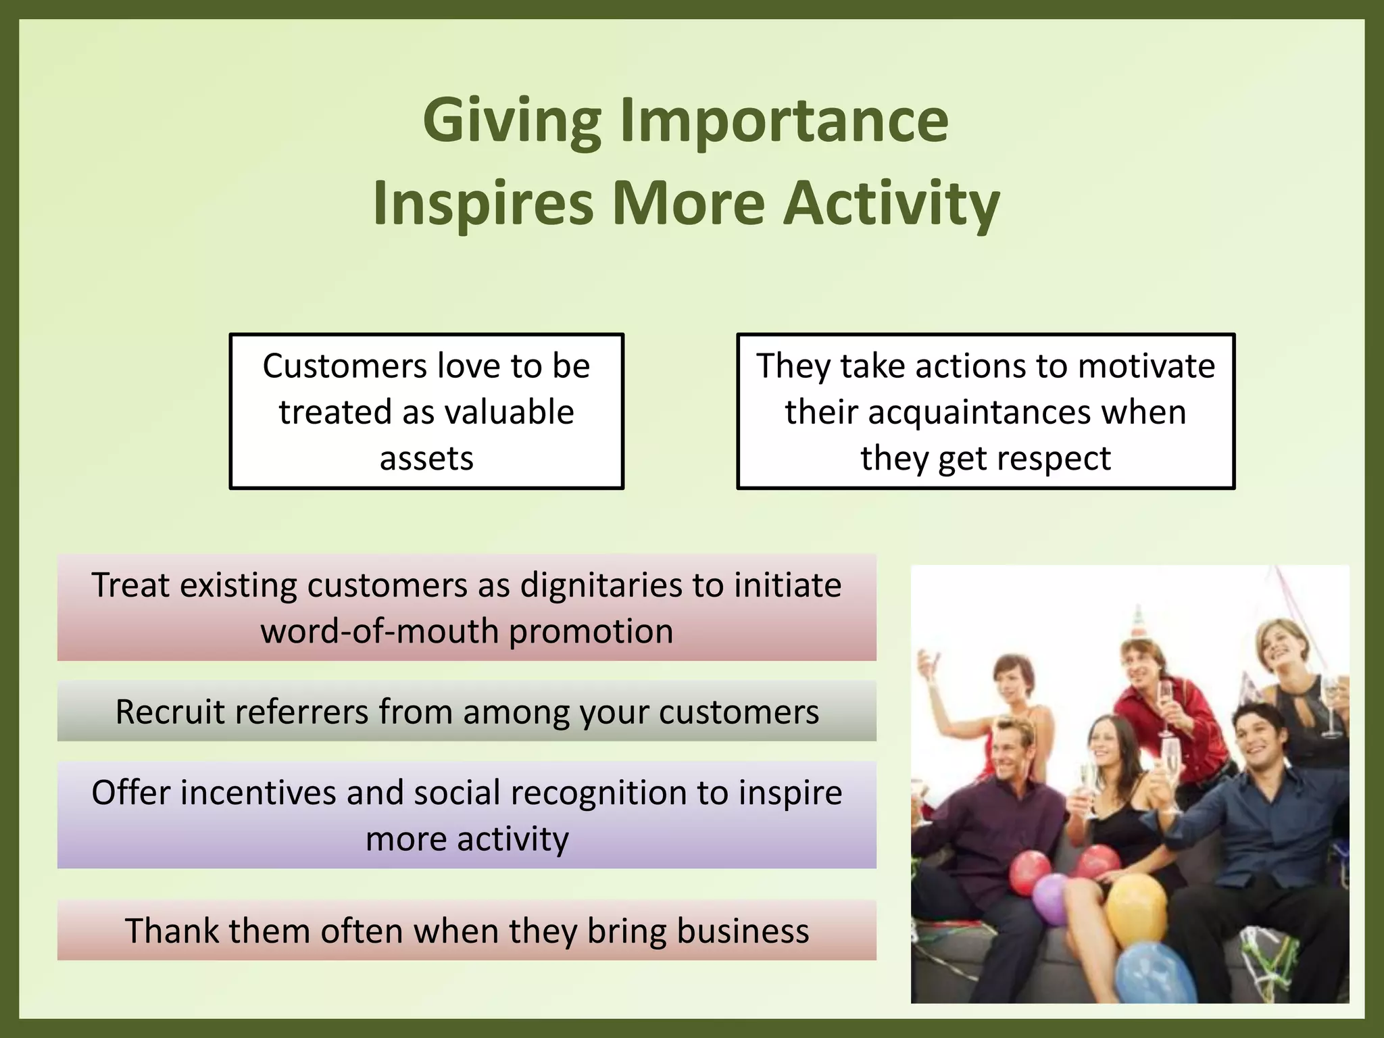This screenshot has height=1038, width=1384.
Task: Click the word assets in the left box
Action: click(426, 459)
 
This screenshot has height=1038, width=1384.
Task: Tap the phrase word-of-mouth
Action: click(379, 631)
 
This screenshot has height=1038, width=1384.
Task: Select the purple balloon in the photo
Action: click(1052, 899)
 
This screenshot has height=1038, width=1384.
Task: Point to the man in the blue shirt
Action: click(1257, 797)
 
